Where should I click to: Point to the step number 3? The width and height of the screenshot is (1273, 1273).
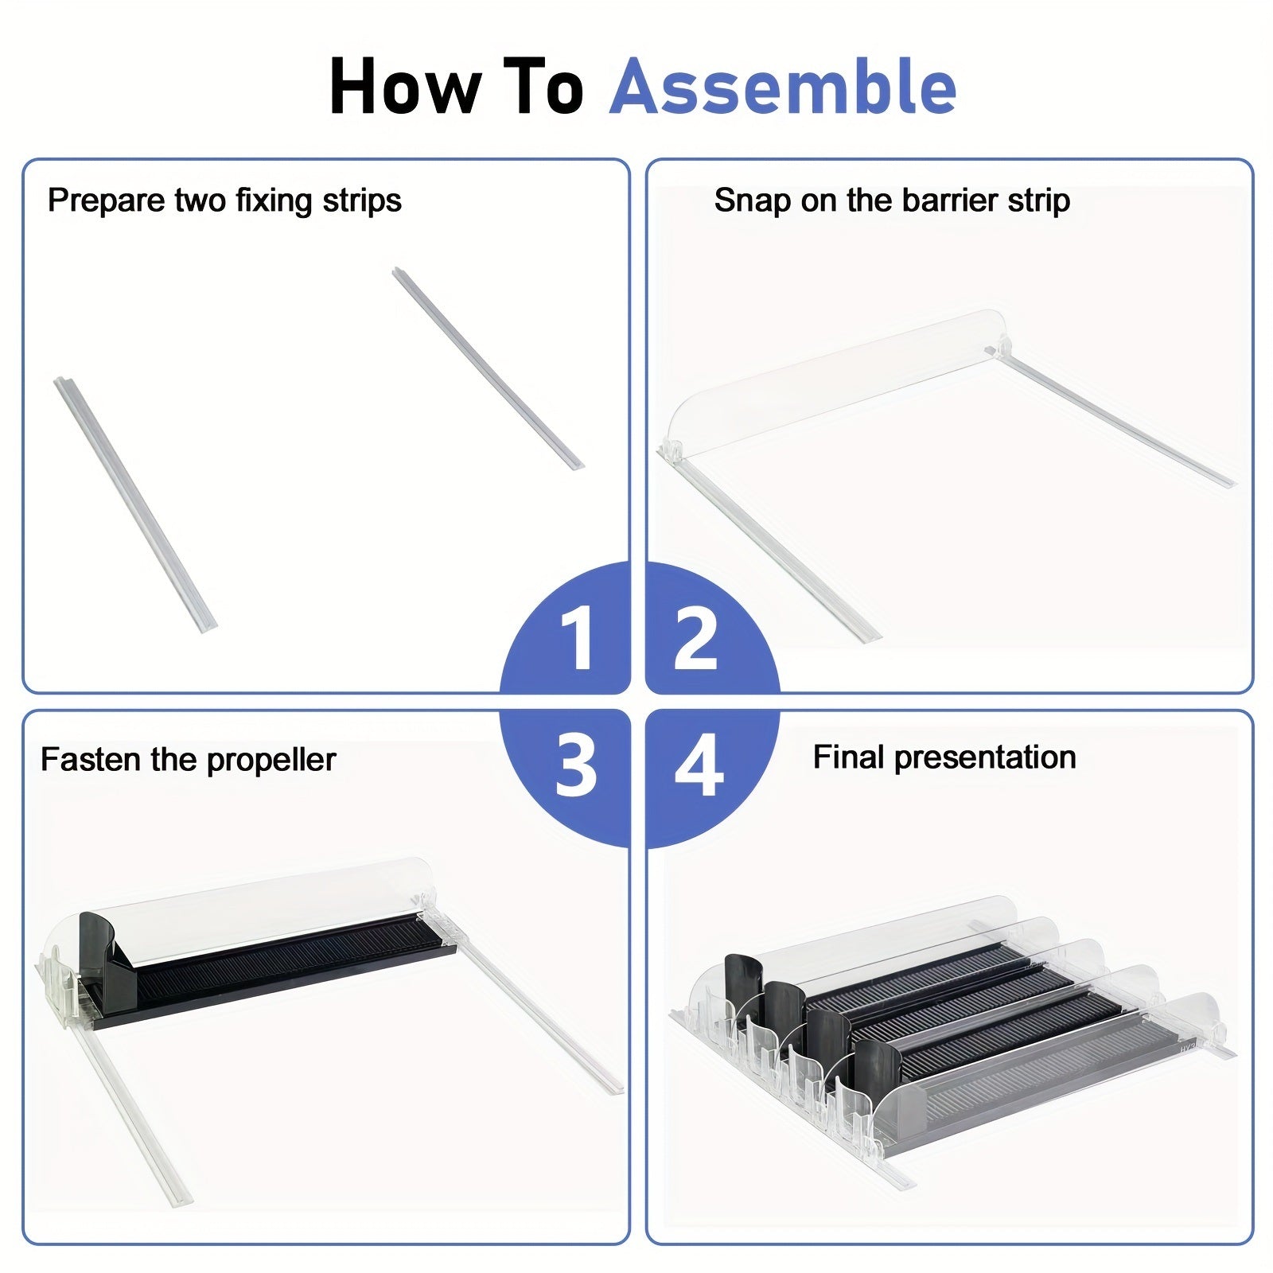pos(576,765)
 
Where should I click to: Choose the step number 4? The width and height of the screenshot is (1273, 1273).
pos(699,765)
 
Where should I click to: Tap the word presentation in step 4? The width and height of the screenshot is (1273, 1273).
pos(985,758)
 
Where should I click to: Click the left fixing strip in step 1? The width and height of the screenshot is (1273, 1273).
pos(135,504)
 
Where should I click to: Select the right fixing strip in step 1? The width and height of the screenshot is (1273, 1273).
pos(488,368)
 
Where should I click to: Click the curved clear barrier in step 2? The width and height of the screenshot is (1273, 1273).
pos(827,382)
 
